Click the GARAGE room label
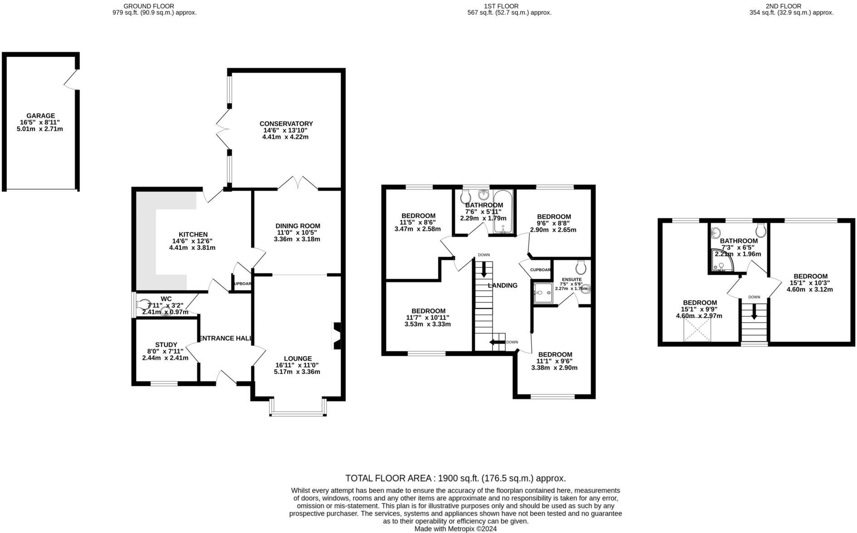(x=40, y=116)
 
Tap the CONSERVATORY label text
(x=286, y=123)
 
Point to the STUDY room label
(x=166, y=344)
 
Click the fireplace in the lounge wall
(x=337, y=336)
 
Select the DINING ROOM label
(x=298, y=225)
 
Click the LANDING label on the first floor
(x=502, y=285)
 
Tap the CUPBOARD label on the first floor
(x=540, y=270)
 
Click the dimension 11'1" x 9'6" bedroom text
(x=554, y=361)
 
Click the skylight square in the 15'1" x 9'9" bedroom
(x=697, y=329)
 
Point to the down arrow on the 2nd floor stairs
(x=754, y=312)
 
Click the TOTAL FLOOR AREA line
(x=455, y=478)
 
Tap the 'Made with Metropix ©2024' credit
(x=455, y=529)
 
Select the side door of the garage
(x=72, y=80)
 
